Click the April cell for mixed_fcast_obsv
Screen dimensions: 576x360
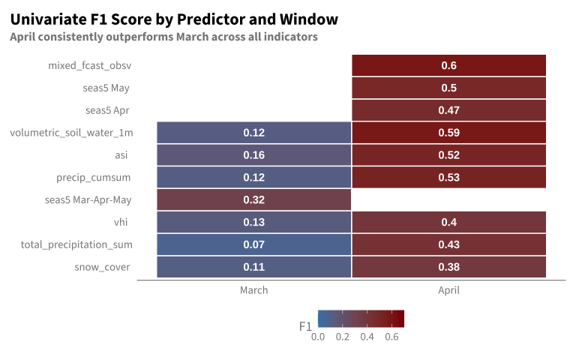(449, 65)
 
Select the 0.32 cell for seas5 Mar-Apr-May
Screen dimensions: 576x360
(253, 199)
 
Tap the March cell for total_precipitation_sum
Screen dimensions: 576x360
(253, 244)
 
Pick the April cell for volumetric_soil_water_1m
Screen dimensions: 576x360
(449, 133)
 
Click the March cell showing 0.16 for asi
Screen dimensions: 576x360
(253, 154)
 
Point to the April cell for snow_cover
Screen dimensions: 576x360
(449, 267)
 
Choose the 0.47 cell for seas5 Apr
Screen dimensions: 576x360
(449, 110)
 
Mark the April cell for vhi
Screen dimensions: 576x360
(449, 222)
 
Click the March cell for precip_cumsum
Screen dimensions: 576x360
(253, 177)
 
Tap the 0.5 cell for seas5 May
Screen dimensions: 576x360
(449, 88)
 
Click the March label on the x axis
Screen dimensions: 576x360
(253, 290)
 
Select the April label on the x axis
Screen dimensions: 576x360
(449, 290)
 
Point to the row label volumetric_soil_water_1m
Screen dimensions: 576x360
(71, 133)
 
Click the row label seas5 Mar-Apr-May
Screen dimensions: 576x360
(88, 199)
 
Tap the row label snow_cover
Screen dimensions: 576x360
(102, 267)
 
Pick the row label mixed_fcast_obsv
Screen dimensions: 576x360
(90, 65)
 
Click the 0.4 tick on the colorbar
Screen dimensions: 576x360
(367, 337)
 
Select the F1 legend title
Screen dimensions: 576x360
(305, 326)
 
